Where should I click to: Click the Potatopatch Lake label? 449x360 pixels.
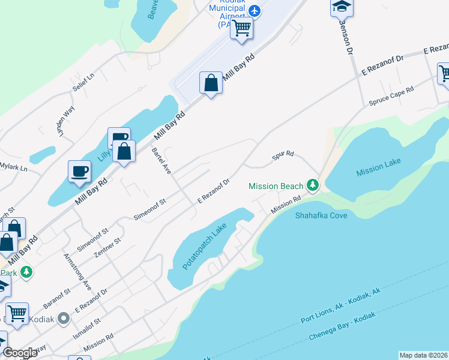coord(203,247)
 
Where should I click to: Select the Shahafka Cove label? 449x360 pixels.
coord(321,215)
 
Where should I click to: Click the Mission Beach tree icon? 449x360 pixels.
coord(312,185)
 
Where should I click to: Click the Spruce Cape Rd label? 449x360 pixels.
coord(391,95)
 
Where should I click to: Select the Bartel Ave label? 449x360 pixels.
coord(161,160)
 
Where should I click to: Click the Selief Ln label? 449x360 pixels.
coord(84,82)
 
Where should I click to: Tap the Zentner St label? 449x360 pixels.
coord(108,248)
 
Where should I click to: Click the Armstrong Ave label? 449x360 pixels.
coord(77,271)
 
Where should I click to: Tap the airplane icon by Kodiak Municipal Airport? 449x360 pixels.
coord(255,11)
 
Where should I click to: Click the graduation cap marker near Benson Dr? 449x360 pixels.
coord(342,7)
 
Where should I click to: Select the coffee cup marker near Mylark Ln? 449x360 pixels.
coord(80,172)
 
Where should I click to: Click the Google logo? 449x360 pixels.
coord(20,352)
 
